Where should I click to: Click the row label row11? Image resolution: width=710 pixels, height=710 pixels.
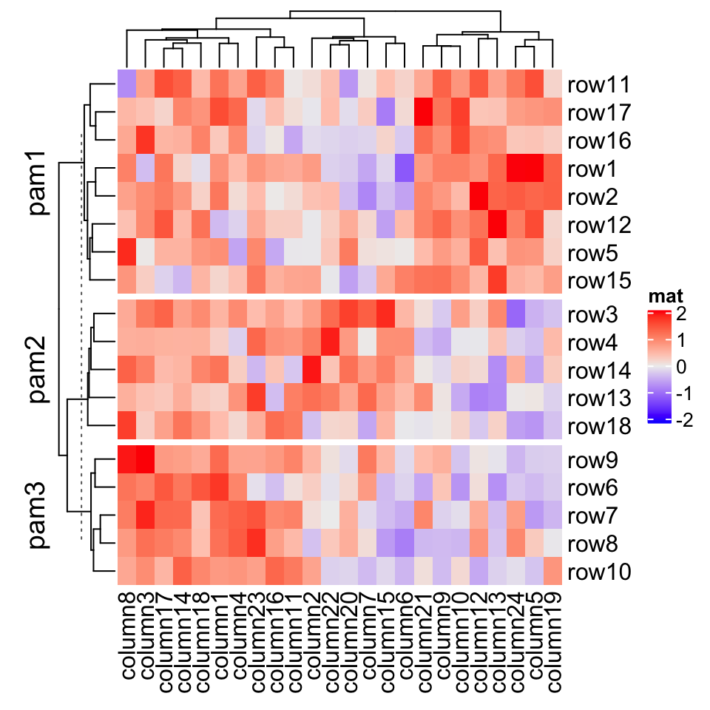(599, 86)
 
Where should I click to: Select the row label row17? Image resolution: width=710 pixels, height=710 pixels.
(599, 113)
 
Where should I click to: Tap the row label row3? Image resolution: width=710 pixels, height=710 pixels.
(594, 314)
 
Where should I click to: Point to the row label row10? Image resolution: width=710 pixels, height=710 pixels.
(599, 572)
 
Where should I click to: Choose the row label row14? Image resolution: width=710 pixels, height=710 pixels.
(599, 371)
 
